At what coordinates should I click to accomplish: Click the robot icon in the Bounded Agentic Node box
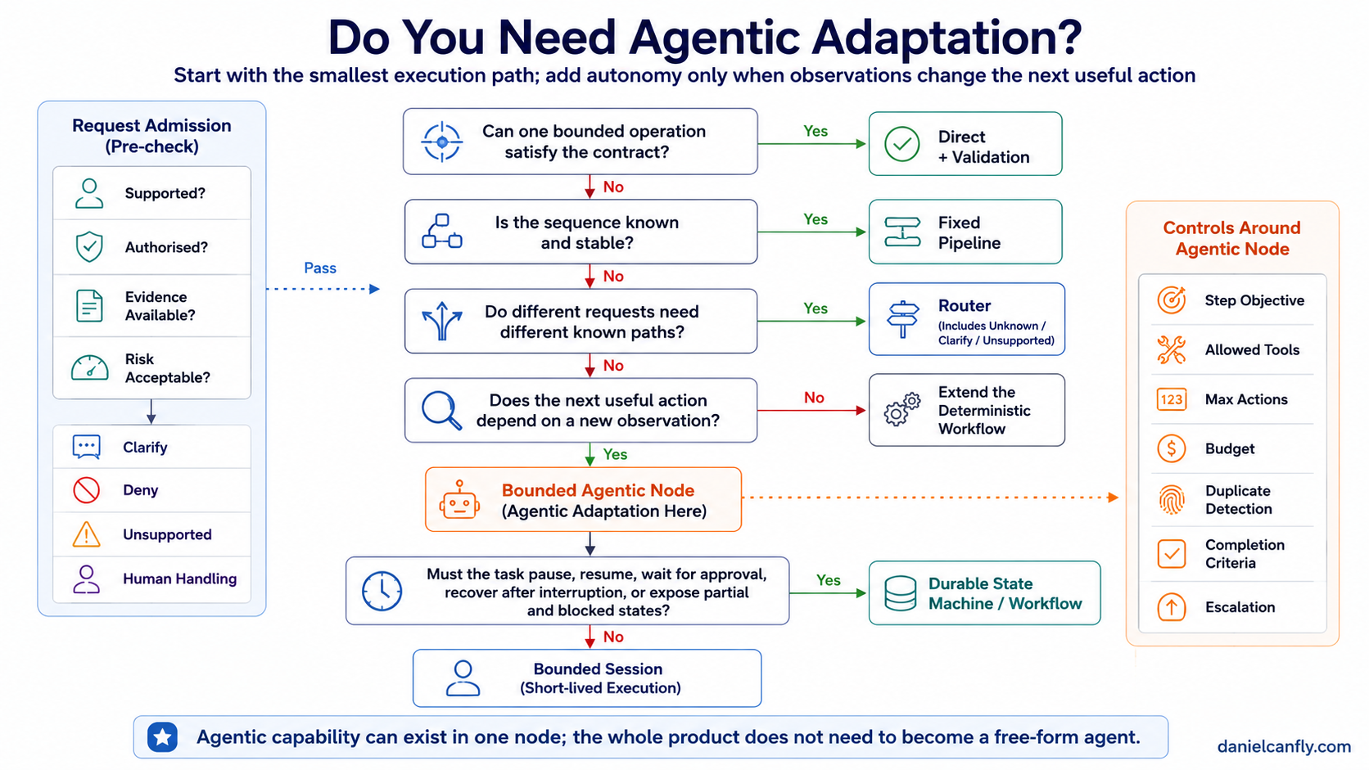tap(459, 500)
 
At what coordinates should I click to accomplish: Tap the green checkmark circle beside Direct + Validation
tap(901, 144)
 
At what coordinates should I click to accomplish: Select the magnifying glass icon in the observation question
tap(441, 410)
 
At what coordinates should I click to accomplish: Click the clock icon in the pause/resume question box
tap(382, 591)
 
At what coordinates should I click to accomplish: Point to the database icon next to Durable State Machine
tap(900, 593)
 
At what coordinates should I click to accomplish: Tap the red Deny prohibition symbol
tap(86, 489)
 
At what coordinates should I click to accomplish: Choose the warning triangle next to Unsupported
tap(86, 534)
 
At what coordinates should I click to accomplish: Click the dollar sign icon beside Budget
tap(1171, 448)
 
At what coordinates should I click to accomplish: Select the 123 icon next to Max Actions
tap(1171, 399)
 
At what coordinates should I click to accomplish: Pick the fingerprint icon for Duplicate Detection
tap(1171, 499)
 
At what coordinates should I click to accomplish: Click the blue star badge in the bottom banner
tap(163, 737)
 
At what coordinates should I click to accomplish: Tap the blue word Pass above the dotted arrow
tap(320, 268)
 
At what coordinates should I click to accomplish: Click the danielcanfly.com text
tap(1284, 746)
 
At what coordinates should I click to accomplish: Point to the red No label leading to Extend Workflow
tap(814, 398)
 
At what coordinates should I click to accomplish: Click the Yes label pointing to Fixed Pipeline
tap(816, 219)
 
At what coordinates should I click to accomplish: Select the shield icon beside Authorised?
tap(89, 246)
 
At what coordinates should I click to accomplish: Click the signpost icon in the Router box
tap(902, 319)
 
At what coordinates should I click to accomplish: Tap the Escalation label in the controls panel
tap(1240, 607)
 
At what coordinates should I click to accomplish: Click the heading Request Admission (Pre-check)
tap(151, 136)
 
